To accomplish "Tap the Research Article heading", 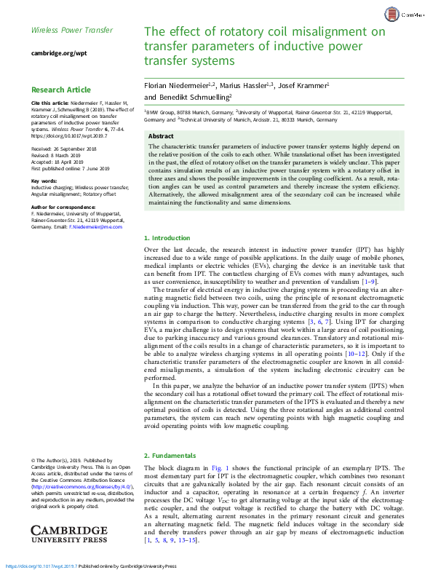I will [x=60, y=90].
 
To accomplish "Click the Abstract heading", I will [x=161, y=136].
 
